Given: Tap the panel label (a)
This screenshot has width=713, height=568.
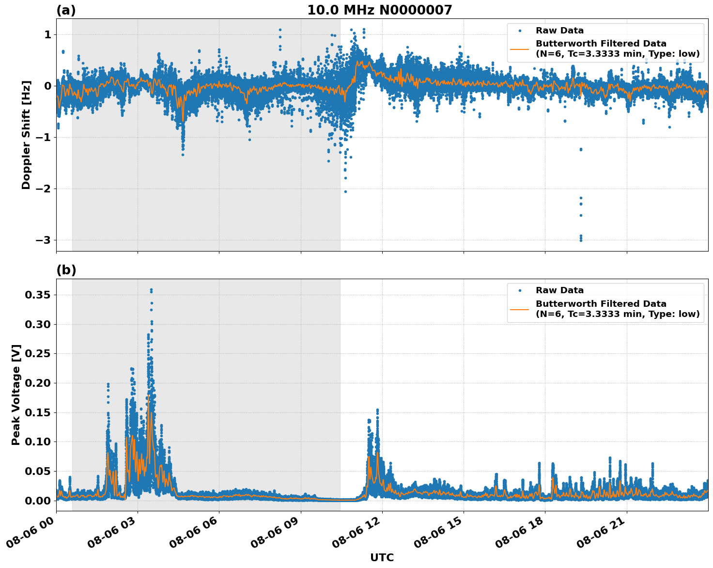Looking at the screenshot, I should [66, 10].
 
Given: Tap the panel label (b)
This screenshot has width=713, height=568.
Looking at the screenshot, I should [66, 270].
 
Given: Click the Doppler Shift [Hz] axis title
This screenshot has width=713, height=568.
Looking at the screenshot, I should [26, 135].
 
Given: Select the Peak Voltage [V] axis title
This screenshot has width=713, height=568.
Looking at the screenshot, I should [16, 394].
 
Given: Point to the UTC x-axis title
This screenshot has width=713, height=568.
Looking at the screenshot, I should [382, 557].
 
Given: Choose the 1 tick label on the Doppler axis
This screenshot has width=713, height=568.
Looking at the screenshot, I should [47, 35].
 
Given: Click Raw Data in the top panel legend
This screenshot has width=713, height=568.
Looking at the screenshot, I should [559, 31].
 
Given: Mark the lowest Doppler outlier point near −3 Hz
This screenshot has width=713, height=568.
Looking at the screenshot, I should [581, 240].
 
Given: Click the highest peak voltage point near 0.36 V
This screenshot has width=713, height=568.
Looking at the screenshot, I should [151, 290].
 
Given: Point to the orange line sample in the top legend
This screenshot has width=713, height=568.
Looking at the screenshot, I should [519, 49].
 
